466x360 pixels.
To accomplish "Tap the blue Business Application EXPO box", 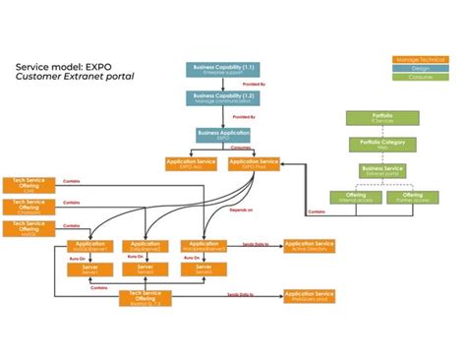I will pyautogui.click(x=222, y=135).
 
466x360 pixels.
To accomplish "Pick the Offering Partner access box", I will pyautogui.click(x=412, y=198).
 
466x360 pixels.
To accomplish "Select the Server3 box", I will pyautogui.click(x=204, y=268).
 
